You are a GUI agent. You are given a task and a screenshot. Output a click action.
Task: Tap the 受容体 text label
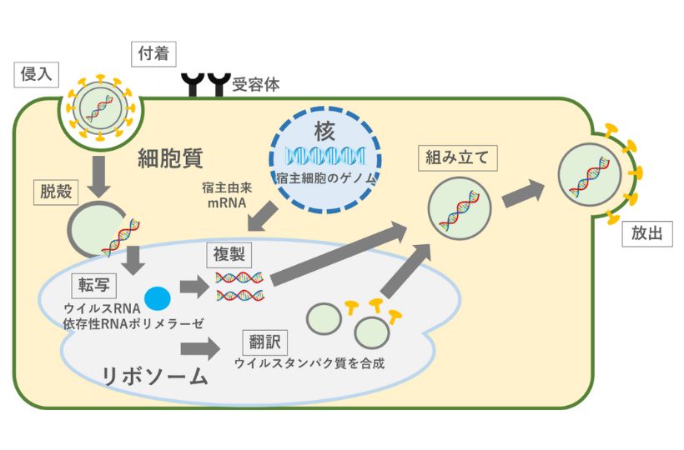[256, 85]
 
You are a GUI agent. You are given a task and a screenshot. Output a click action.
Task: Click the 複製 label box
[228, 251]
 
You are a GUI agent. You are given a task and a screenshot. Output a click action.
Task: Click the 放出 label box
[647, 234]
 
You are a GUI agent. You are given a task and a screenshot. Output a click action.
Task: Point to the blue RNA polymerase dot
[157, 297]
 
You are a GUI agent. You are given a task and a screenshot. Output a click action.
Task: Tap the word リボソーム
[154, 376]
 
